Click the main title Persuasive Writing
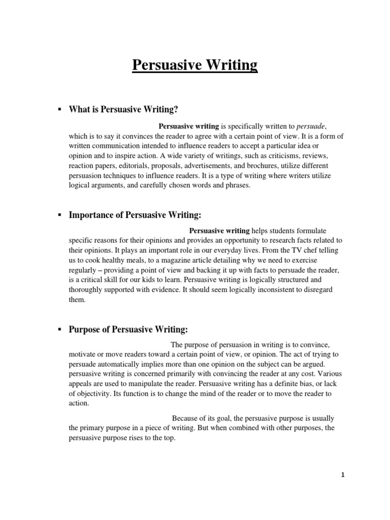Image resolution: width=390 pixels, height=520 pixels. coord(195,66)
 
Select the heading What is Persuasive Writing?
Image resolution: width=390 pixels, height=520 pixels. coord(124,109)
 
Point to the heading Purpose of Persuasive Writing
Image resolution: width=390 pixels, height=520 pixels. coord(128,330)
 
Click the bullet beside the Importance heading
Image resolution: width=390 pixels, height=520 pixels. coord(59,215)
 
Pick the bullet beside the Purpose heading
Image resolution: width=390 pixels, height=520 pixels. coord(59,330)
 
